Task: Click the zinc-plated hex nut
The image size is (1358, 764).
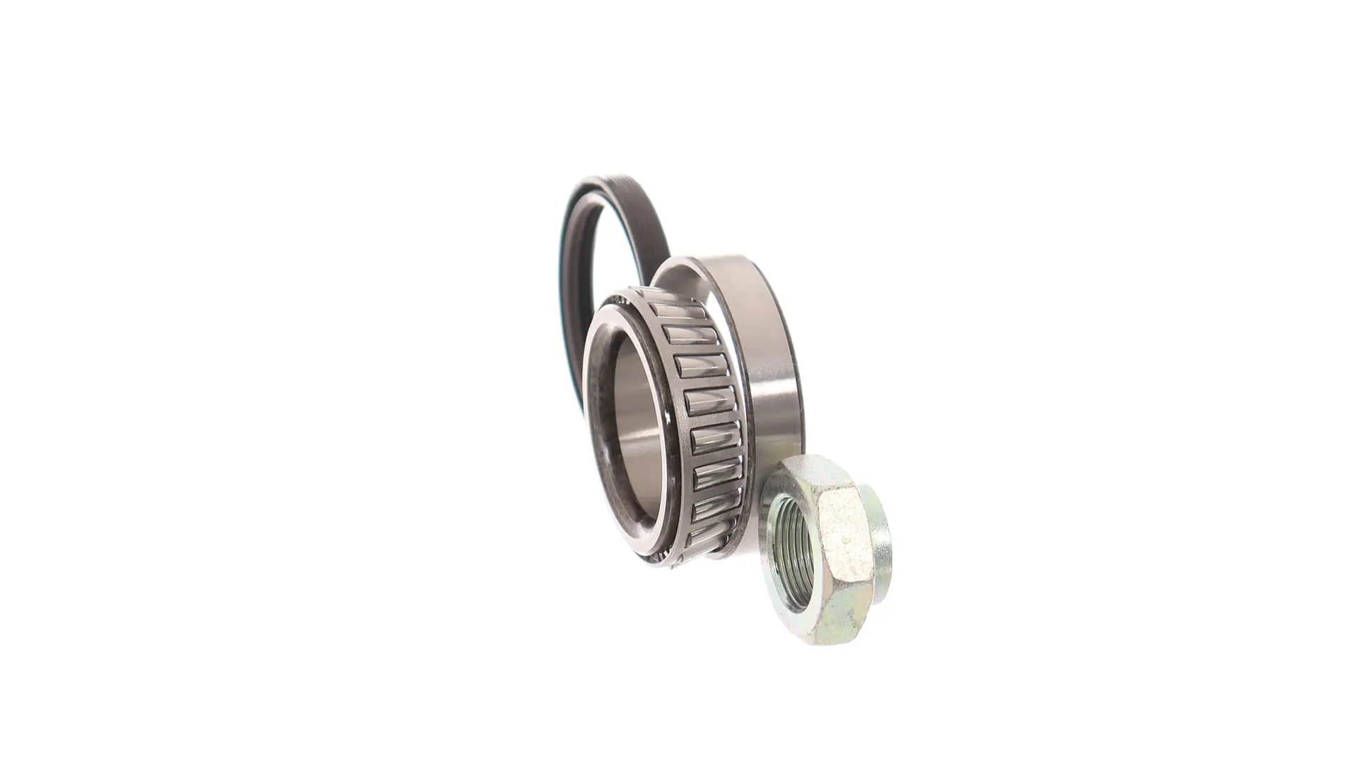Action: [824, 548]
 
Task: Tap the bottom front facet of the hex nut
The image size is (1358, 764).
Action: [835, 623]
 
